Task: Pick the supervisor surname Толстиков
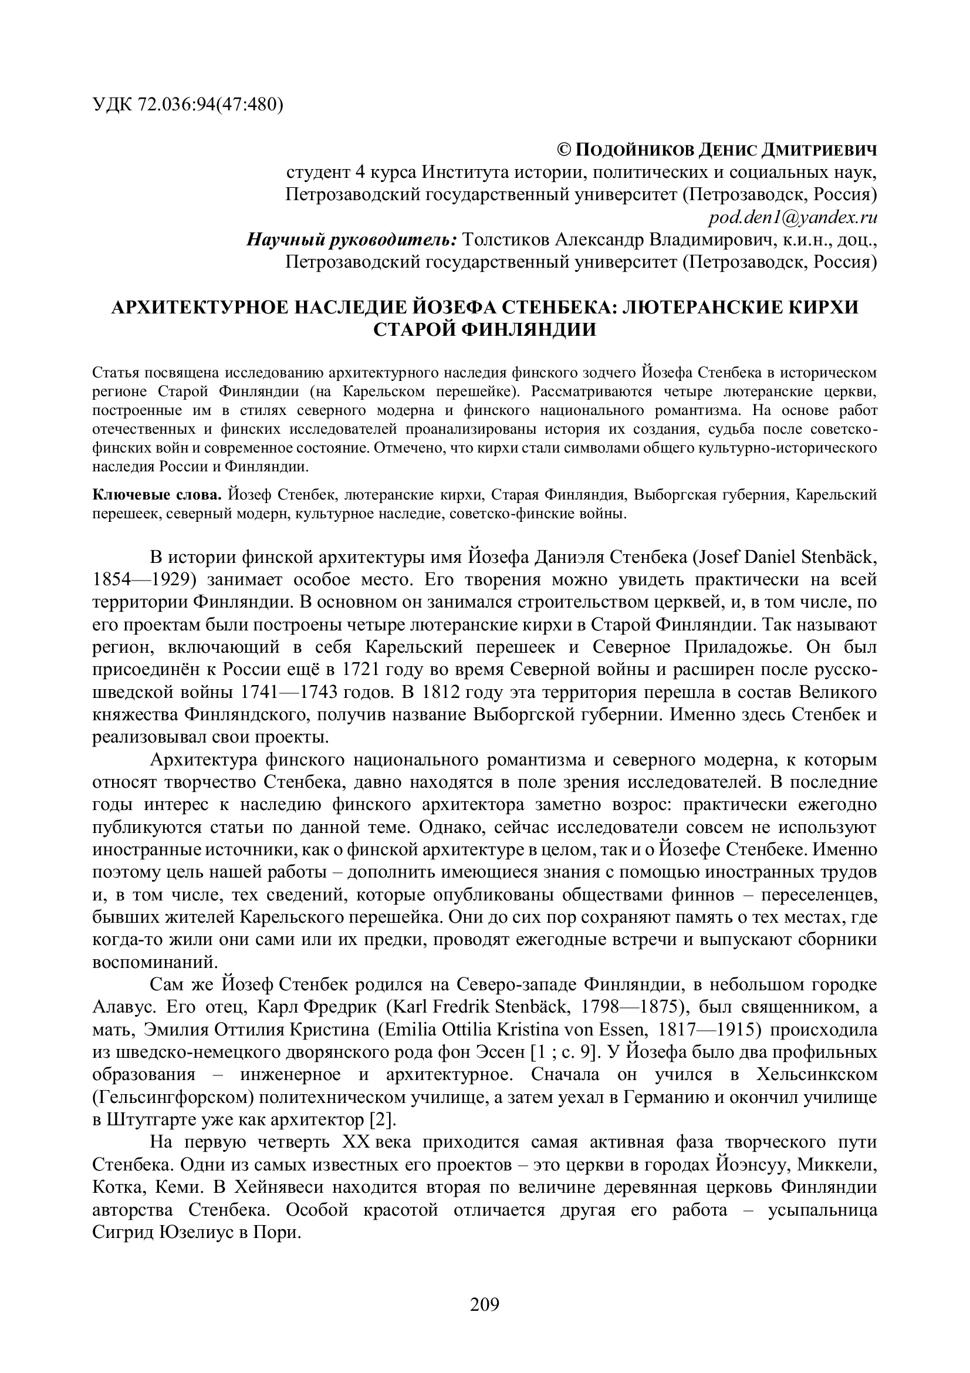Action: [506, 241]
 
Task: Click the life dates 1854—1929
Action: [142, 580]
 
